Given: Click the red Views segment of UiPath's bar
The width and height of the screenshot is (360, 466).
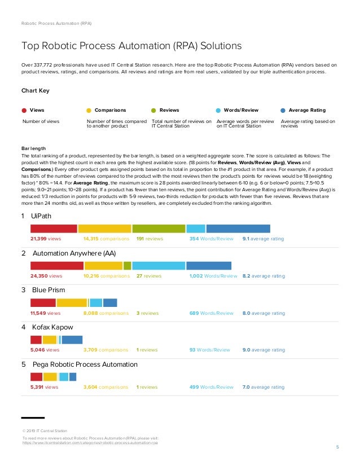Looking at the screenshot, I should (54, 228).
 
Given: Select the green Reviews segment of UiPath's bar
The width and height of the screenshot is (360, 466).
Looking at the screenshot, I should (159, 228).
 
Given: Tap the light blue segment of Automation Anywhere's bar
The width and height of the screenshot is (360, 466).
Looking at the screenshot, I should (158, 266).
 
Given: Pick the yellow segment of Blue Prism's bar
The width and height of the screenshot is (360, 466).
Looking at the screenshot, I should (72, 303).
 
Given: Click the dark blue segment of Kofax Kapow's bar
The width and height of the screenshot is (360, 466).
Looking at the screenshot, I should (72, 340).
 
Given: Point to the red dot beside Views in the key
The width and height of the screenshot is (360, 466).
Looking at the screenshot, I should (24, 111).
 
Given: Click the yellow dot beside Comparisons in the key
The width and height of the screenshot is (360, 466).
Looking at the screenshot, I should (89, 111).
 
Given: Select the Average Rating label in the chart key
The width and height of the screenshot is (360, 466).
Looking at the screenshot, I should (307, 111).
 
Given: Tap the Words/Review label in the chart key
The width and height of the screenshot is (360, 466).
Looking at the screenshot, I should (241, 111).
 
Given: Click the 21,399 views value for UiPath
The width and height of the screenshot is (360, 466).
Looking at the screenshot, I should (46, 239).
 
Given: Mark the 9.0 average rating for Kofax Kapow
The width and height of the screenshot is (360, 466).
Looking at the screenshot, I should (264, 350).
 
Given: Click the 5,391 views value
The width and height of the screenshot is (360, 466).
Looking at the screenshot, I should (44, 388).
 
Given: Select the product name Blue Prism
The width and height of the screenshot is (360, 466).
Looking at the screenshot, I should (47, 290).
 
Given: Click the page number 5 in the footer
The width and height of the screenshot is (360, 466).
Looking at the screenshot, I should (337, 448).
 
